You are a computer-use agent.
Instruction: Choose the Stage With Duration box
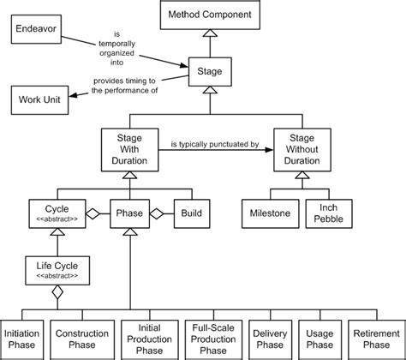pos(129,147)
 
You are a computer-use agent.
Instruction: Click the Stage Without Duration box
pos(299,147)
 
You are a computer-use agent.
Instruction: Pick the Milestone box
pos(269,213)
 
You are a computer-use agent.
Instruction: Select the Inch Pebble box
pos(327,213)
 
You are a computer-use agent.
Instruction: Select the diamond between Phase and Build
pos(158,213)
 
